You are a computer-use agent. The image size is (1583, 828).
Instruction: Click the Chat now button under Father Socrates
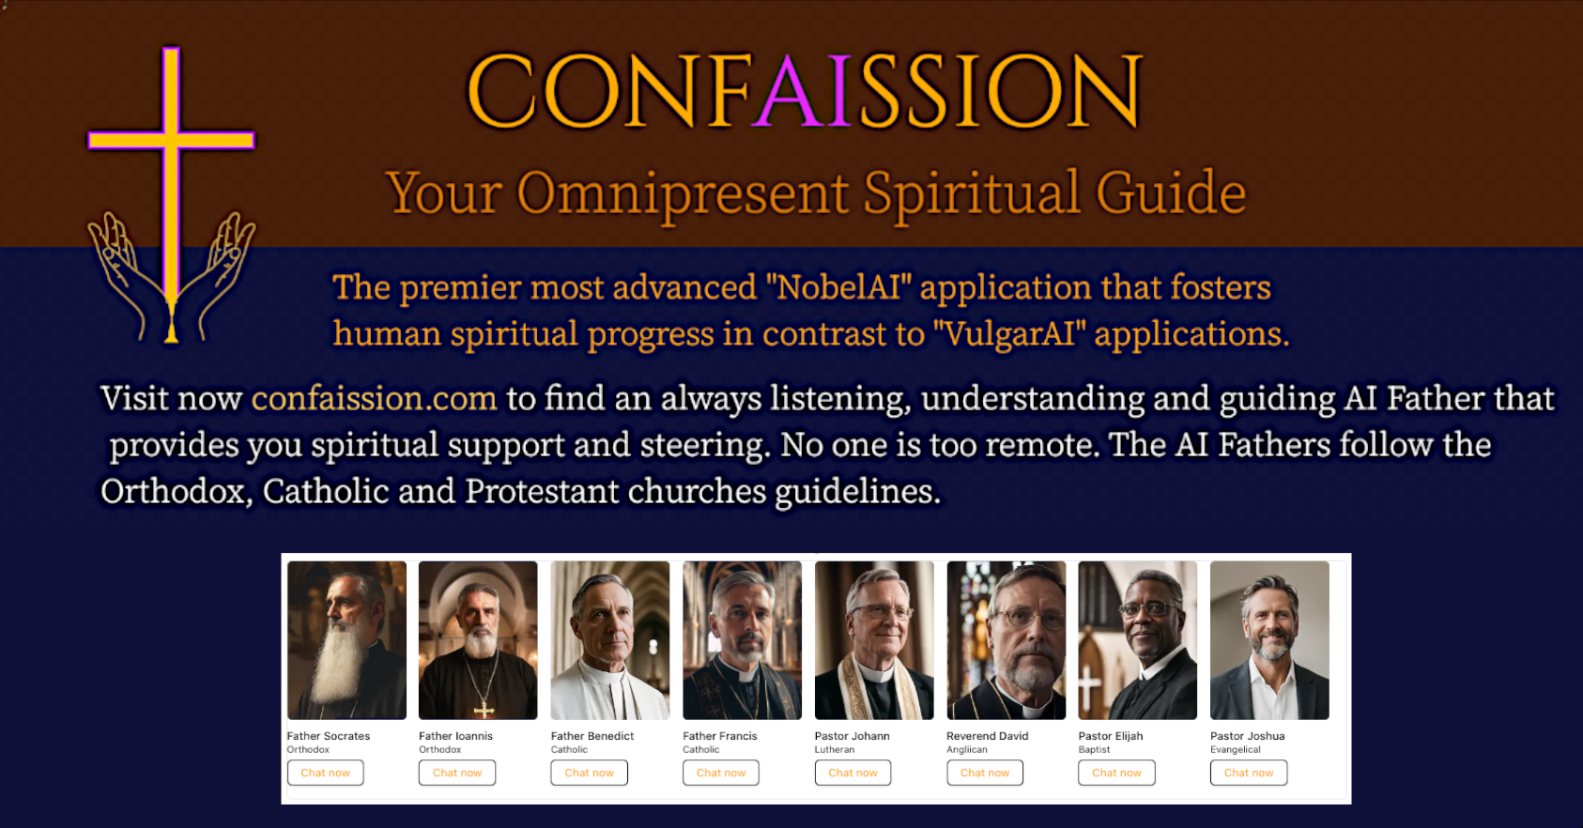(325, 773)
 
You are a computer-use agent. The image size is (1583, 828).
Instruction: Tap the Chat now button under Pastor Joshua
(1248, 773)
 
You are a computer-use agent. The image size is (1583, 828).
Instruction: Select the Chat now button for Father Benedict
(589, 773)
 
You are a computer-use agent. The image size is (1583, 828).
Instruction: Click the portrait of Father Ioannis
(478, 640)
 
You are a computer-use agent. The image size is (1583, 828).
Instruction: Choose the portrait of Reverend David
(1006, 640)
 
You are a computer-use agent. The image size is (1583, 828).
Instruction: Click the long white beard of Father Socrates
(331, 662)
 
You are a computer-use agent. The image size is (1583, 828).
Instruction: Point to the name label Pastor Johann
(852, 736)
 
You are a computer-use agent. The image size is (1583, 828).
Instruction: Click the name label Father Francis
(719, 736)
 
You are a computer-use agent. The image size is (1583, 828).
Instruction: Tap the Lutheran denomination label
(834, 749)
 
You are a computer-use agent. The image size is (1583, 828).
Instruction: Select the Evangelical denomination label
(1235, 749)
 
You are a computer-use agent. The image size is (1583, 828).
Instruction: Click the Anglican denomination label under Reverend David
(966, 749)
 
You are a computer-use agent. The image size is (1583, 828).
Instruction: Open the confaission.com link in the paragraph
(374, 398)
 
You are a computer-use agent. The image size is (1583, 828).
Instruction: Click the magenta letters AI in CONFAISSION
(806, 91)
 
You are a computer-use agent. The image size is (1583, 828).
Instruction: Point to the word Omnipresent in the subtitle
(684, 193)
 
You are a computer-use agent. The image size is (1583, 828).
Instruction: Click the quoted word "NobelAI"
(838, 287)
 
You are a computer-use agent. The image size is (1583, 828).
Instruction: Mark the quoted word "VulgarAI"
(1007, 334)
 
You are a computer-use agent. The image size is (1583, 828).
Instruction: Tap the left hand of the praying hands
(120, 268)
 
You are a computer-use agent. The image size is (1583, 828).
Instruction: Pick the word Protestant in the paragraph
(542, 491)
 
